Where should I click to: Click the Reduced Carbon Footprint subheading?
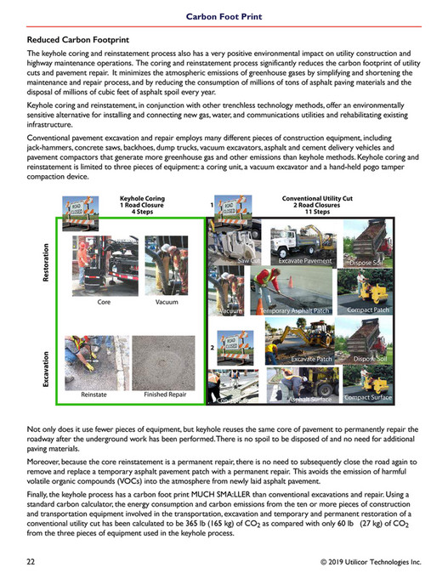point(74,39)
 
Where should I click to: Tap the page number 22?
point(31,562)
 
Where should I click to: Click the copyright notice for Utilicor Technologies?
point(371,562)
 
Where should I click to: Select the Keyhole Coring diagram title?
point(142,204)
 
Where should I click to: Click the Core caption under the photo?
point(104,302)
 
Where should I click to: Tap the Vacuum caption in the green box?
point(167,302)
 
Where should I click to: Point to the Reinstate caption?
point(94,395)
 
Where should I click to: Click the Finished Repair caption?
point(167,395)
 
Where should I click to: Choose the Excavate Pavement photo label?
point(305,260)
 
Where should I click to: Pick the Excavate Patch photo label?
point(311,360)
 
